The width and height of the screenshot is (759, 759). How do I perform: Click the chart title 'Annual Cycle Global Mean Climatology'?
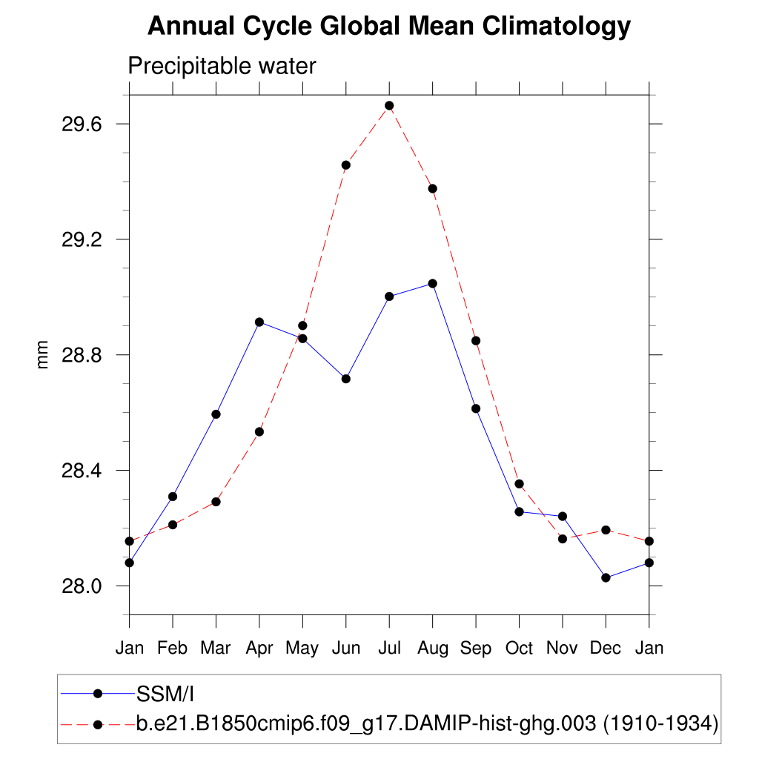(x=389, y=27)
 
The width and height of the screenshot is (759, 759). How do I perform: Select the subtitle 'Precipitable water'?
(x=222, y=66)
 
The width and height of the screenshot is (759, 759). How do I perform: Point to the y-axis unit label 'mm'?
(x=43, y=354)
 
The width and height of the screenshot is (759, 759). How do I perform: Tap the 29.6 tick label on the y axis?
(x=81, y=124)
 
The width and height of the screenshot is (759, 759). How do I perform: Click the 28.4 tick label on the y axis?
(x=81, y=471)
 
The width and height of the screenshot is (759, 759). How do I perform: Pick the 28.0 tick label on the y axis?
(x=81, y=586)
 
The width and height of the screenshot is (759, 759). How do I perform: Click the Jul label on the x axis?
(x=389, y=649)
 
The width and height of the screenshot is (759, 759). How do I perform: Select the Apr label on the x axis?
(x=259, y=649)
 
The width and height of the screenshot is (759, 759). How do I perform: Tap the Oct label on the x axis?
(x=519, y=649)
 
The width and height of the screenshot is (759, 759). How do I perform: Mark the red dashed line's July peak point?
(x=389, y=106)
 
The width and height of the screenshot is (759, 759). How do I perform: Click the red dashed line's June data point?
(x=345, y=165)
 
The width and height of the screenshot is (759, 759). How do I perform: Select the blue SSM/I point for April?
(x=259, y=322)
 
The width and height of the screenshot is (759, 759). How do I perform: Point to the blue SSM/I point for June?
(x=345, y=379)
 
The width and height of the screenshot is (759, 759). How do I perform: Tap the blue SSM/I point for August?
(x=432, y=284)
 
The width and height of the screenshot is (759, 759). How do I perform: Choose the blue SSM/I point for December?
(x=606, y=578)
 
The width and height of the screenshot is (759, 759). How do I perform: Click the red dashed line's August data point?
(x=432, y=189)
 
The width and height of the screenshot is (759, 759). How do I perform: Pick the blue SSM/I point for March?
(x=216, y=414)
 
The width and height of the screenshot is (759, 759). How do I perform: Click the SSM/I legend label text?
(x=165, y=694)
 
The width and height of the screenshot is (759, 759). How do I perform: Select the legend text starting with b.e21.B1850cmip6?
(x=427, y=723)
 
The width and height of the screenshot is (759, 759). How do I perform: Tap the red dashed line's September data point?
(x=476, y=341)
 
